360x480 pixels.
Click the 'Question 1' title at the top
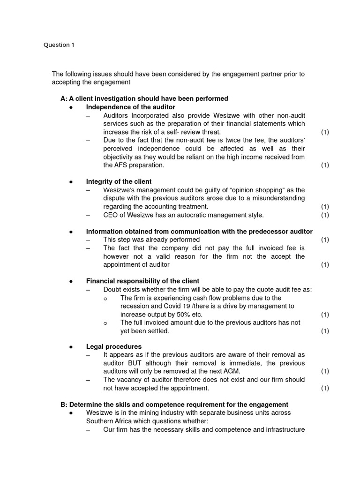coord(59,45)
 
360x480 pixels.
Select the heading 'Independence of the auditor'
coord(130,107)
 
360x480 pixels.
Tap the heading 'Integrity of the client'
coord(119,181)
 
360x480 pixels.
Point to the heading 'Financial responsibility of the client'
coord(142,281)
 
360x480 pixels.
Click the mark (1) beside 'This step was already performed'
coord(325,240)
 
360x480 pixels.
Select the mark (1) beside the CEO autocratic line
coord(325,215)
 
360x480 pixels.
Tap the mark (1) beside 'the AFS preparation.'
coord(325,165)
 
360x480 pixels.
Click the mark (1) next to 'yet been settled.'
coord(325,331)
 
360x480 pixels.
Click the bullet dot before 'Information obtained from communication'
coord(71,232)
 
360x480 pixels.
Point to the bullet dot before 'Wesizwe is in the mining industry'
coord(71,413)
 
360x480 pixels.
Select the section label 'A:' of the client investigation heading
coord(64,98)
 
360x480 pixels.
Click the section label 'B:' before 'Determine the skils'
coord(64,405)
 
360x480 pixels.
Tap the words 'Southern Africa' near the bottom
coord(110,421)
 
